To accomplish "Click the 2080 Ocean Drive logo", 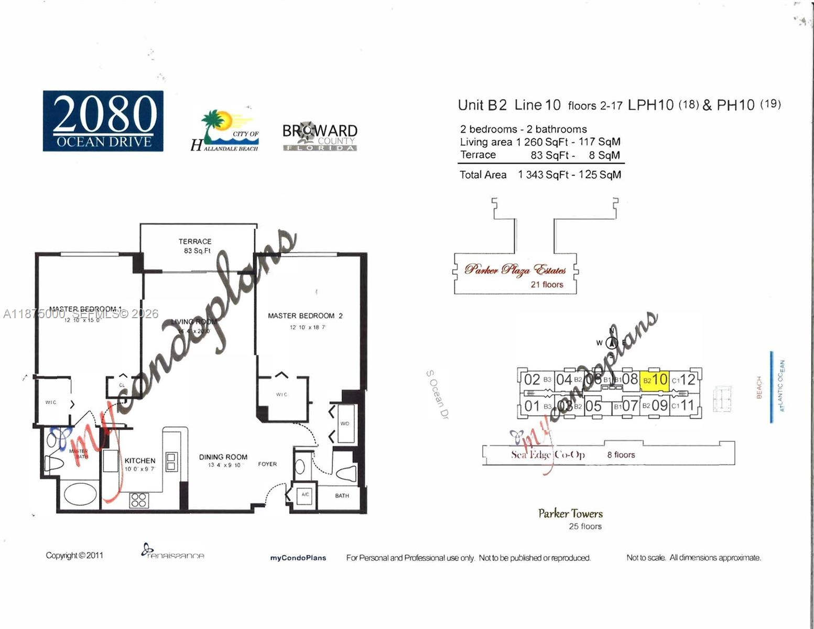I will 103,121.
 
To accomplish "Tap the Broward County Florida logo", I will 320,137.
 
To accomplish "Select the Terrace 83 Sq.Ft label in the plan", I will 195,246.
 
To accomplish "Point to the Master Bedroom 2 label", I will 305,316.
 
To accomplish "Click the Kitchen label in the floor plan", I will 140,461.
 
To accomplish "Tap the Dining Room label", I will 223,457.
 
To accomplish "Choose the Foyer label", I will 267,464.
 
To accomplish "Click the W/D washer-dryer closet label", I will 344,424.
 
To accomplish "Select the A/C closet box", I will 305,495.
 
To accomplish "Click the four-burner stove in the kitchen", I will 139,500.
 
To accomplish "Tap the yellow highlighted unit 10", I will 655,379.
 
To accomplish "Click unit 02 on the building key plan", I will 532,379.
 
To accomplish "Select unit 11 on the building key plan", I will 687,405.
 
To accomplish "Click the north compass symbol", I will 611,342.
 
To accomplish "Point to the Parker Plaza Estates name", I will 515,270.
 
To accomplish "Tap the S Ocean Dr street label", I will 437,394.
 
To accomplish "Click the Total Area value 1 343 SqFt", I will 543,175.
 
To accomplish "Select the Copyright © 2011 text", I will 74,555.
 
